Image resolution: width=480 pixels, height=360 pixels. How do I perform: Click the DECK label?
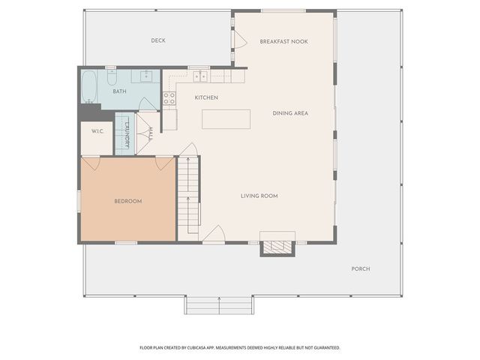tap(158, 40)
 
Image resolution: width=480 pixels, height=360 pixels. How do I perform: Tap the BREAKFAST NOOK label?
tap(283, 42)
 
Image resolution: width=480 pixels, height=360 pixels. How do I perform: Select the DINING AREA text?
tap(290, 113)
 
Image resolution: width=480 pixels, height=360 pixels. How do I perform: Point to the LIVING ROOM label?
tap(259, 196)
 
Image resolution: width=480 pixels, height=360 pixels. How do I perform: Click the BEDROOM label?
tap(128, 201)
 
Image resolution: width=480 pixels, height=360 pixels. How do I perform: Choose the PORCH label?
tap(361, 268)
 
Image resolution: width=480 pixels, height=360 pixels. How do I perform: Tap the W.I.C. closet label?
tap(97, 131)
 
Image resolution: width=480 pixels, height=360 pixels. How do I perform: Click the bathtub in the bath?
tap(89, 87)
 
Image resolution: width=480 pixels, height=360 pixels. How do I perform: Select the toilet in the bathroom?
tap(112, 77)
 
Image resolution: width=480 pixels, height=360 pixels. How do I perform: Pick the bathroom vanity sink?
tap(146, 76)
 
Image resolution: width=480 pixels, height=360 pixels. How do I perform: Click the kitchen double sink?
tap(200, 76)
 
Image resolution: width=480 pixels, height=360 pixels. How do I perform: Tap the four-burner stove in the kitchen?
tap(169, 98)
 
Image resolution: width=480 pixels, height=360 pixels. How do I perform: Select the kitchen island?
tap(226, 119)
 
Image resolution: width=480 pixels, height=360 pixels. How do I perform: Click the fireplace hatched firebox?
tap(277, 247)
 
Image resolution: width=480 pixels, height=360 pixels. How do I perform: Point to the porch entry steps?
tap(219, 305)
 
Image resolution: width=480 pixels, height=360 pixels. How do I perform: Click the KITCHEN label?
tap(207, 97)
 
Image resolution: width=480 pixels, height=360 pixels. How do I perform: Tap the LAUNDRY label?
tap(127, 135)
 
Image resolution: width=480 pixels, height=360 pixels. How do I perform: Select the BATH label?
tap(119, 91)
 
